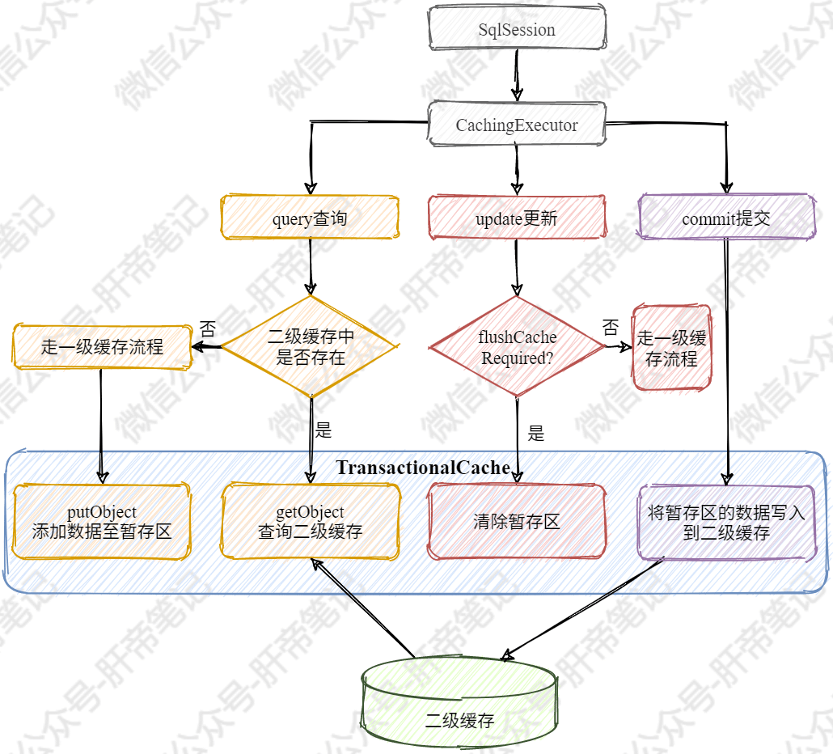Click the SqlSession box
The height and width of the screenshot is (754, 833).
pyautogui.click(x=516, y=30)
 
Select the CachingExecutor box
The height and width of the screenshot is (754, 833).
pyautogui.click(x=516, y=125)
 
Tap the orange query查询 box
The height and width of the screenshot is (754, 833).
pyautogui.click(x=311, y=218)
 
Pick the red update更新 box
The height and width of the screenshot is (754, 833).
pyautogui.click(x=516, y=218)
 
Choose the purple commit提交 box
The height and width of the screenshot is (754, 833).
pyautogui.click(x=726, y=218)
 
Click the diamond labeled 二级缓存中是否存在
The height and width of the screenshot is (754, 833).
pyautogui.click(x=311, y=346)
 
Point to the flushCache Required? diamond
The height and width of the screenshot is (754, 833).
pyautogui.click(x=517, y=347)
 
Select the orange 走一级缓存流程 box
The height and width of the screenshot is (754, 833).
pyautogui.click(x=102, y=348)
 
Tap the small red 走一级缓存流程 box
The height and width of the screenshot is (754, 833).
pyautogui.click(x=671, y=348)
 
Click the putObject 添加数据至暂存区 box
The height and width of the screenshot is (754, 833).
pyautogui.click(x=102, y=522)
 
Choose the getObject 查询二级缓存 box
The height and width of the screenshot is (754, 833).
pyautogui.click(x=311, y=522)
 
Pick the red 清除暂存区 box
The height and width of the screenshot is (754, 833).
pyautogui.click(x=516, y=522)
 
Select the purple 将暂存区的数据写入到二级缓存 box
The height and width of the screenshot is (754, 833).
pyautogui.click(x=726, y=523)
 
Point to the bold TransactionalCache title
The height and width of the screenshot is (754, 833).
pyautogui.click(x=422, y=468)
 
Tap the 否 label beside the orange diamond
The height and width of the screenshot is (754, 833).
pyautogui.click(x=208, y=329)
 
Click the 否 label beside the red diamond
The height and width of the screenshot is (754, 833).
pyautogui.click(x=611, y=328)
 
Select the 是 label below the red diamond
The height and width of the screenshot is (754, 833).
pyautogui.click(x=535, y=433)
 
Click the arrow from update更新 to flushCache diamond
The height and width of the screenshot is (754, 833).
pyautogui.click(x=516, y=268)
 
